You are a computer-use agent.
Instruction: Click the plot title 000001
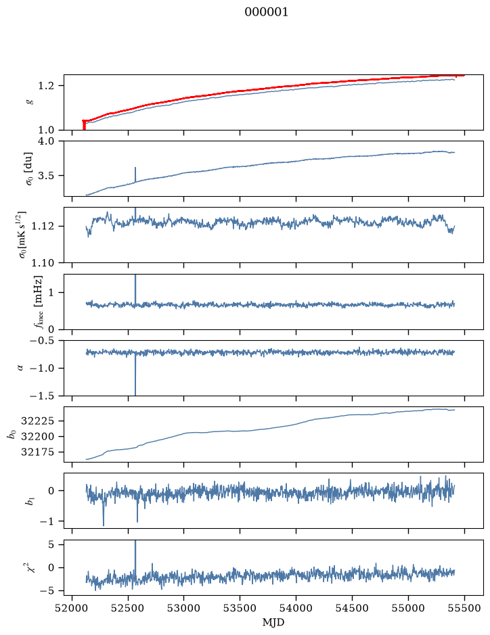point(266,12)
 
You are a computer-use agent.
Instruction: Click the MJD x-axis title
point(273,622)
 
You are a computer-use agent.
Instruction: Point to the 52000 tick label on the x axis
point(72,608)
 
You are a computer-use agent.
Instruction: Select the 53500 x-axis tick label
point(240,608)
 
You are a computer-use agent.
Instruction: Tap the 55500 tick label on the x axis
point(464,608)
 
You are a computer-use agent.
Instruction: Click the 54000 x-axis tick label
point(296,608)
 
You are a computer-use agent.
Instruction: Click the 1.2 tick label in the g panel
point(45,86)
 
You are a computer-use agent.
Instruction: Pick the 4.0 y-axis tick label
point(45,141)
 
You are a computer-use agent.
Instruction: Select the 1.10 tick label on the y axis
point(42,263)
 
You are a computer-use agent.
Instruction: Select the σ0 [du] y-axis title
point(28,168)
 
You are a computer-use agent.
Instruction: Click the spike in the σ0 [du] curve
point(135,174)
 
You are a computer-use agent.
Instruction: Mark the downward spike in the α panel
point(135,375)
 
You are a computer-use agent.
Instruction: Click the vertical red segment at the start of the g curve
point(84,125)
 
